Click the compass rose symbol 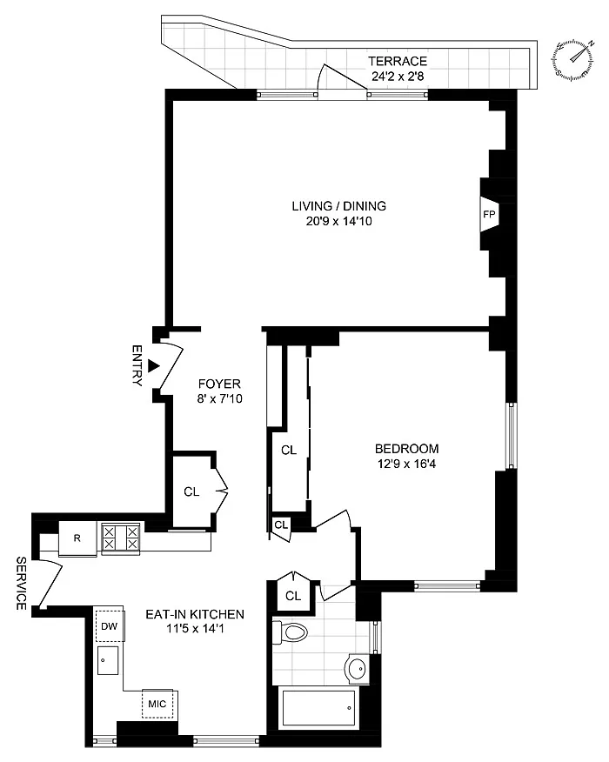coord(573,58)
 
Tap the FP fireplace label coord(489,214)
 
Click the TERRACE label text coord(398,61)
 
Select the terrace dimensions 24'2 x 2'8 coord(398,77)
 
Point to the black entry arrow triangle coord(154,366)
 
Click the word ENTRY coord(137,365)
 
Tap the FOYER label coord(220,384)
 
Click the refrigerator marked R coord(77,538)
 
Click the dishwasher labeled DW coord(110,626)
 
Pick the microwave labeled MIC coord(157,704)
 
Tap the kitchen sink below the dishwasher coord(107,660)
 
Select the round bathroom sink coord(358,669)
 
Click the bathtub coord(318,707)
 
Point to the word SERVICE coord(21,583)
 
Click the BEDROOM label coord(407,449)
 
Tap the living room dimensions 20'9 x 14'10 coord(339,221)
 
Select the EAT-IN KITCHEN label coord(195,614)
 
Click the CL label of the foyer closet coord(191,491)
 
